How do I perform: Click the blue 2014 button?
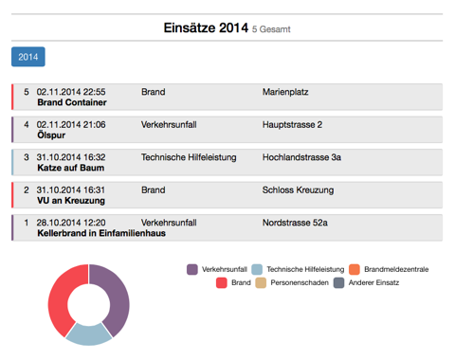click(x=28, y=58)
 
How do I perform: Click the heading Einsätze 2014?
click(x=206, y=28)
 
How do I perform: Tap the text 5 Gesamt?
click(x=271, y=30)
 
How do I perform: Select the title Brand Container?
click(x=71, y=102)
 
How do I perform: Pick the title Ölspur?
click(x=51, y=135)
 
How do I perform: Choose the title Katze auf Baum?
click(x=70, y=168)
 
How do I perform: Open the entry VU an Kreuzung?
click(x=70, y=201)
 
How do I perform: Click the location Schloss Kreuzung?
click(x=298, y=190)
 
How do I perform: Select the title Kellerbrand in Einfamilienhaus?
click(x=100, y=233)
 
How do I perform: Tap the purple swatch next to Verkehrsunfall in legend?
click(x=192, y=270)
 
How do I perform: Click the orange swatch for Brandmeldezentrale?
click(x=355, y=270)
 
